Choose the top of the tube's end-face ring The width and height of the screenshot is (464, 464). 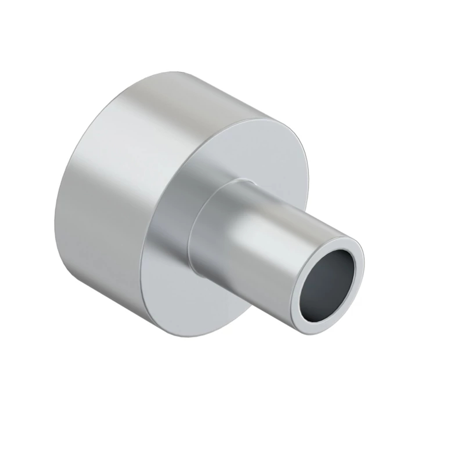coord(340,237)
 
